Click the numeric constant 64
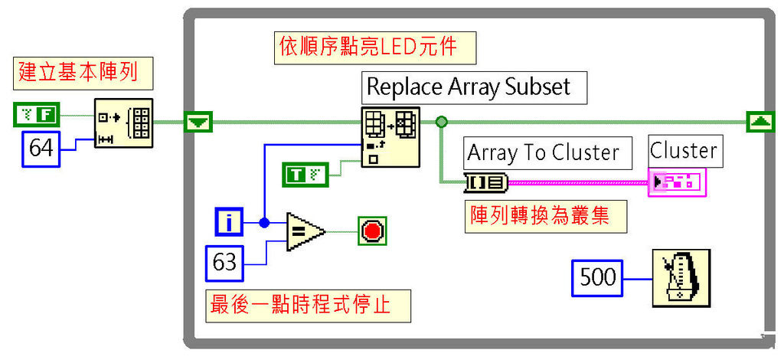pyautogui.click(x=42, y=146)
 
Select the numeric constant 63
pyautogui.click(x=225, y=263)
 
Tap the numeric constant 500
pyautogui.click(x=598, y=277)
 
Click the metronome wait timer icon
pyautogui.click(x=681, y=278)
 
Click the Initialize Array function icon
pyautogui.click(x=123, y=123)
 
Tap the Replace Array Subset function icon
pyautogui.click(x=390, y=137)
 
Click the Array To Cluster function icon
pyautogui.click(x=485, y=182)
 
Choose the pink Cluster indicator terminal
pyautogui.click(x=677, y=182)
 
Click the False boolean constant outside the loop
pyautogui.click(x=36, y=116)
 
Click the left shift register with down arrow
pyautogui.click(x=198, y=122)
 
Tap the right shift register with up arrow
pyautogui.click(x=759, y=121)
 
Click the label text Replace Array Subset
pyautogui.click(x=469, y=87)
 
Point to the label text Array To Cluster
pyautogui.click(x=543, y=152)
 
